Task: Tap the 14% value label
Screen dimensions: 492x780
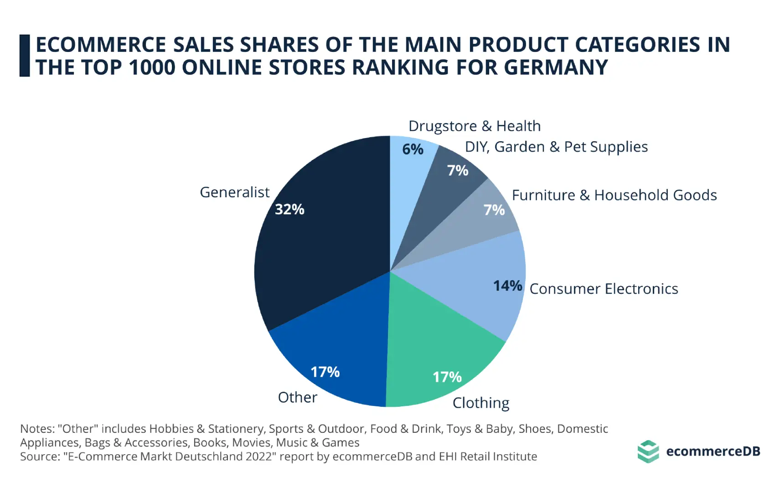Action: (507, 286)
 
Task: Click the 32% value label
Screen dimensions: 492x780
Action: (289, 210)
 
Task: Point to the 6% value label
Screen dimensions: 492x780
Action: (413, 149)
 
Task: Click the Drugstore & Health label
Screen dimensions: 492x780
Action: (474, 126)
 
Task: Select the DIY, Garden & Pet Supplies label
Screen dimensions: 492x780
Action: (556, 147)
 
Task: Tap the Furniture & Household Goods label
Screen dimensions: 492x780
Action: (614, 195)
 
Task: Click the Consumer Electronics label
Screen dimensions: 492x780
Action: (604, 289)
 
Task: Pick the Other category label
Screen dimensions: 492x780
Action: (297, 398)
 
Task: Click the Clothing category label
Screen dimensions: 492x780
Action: (480, 403)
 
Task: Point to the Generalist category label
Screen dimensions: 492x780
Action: (234, 193)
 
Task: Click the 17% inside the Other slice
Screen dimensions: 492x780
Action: (325, 372)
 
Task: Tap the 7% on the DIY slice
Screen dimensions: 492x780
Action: (458, 171)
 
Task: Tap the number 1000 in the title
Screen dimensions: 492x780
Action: (152, 67)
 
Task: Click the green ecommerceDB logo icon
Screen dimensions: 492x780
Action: (648, 451)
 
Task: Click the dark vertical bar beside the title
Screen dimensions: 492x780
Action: (25, 56)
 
